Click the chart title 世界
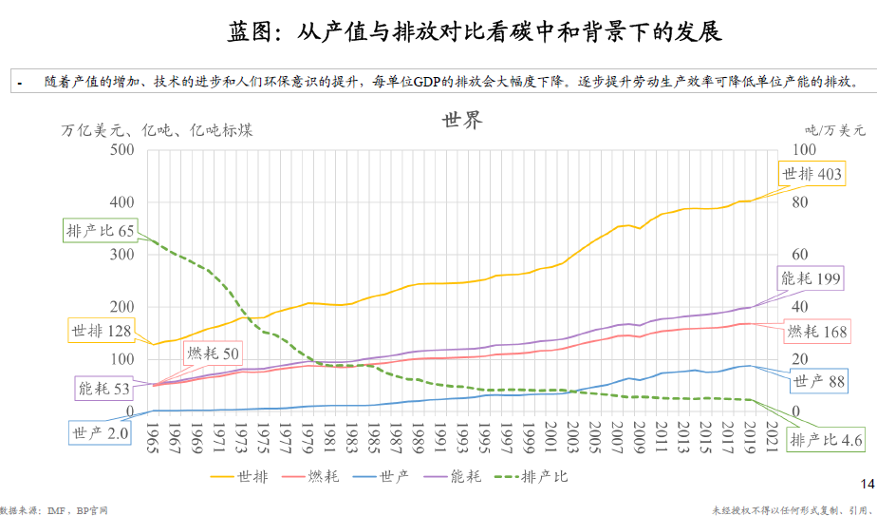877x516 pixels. (461, 121)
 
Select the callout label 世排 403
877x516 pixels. (811, 175)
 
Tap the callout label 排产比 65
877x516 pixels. (100, 230)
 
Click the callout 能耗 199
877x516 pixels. (811, 278)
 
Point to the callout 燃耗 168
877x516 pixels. (815, 332)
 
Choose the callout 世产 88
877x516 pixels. (818, 381)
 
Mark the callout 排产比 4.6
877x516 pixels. (826, 440)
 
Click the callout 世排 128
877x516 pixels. (100, 332)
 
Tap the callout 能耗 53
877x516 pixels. (103, 388)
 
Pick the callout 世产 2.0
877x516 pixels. (100, 433)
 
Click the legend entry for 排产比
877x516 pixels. (544, 476)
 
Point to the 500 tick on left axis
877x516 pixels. (121, 150)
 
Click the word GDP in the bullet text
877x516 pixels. (427, 83)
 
